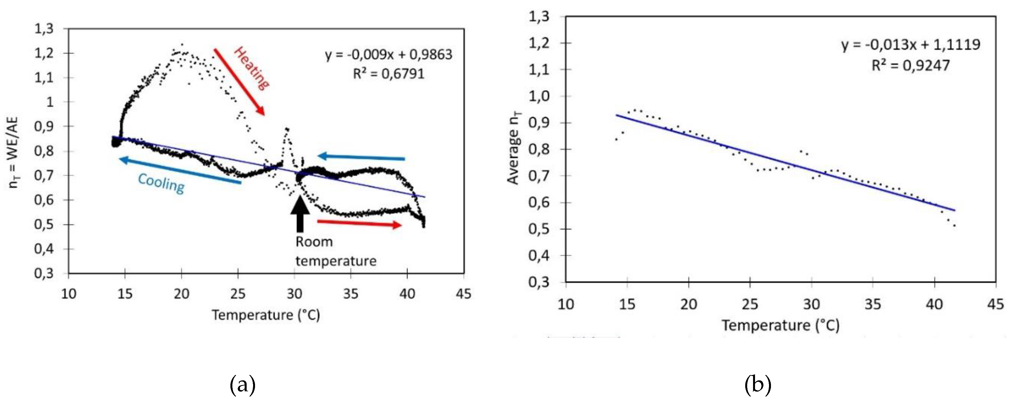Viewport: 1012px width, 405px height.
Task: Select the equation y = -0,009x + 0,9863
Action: [388, 55]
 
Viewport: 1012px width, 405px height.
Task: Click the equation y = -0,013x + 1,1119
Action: [911, 45]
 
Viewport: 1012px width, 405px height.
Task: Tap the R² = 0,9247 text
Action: [911, 65]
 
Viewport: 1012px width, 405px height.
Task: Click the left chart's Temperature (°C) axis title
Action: [266, 315]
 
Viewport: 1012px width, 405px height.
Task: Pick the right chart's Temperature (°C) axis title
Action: [780, 325]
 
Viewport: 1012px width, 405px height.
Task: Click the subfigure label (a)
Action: [242, 385]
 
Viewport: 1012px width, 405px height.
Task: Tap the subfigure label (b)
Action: [758, 385]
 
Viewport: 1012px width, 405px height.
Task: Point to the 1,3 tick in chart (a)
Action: [44, 29]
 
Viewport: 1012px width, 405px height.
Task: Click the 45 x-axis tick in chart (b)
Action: [995, 304]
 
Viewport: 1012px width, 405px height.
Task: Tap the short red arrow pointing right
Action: [359, 223]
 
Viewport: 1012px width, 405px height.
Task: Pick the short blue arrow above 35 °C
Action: [361, 157]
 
